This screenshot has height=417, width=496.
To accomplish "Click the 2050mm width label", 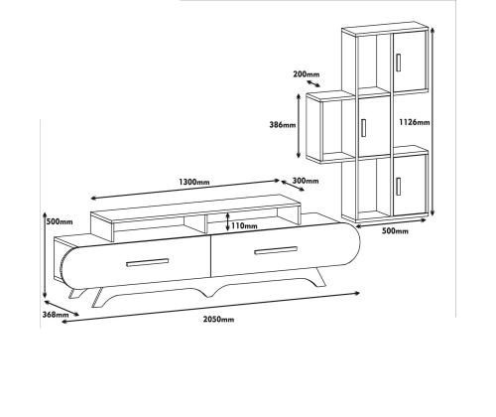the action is coord(218,320).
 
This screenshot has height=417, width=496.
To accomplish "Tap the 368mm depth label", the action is coord(56,315).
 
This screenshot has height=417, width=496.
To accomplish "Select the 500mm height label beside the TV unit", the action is coord(60,221).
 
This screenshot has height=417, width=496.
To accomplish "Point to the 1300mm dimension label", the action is coord(194,182).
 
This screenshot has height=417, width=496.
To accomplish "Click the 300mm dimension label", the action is coord(306,181).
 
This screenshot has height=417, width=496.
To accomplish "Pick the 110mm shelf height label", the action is coord(244,225).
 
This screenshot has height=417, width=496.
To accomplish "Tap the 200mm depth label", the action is coord(307,74).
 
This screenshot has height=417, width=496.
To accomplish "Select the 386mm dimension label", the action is coord(283,125).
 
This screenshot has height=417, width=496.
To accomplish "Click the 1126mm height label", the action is coord(415,122).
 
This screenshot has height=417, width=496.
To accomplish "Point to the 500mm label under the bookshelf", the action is coord(395,231).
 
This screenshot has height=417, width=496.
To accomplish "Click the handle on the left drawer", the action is coord(148,262).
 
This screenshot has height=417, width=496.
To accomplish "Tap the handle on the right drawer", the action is coord(276,251).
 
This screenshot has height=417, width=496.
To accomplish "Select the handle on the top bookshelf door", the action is coord(399,63).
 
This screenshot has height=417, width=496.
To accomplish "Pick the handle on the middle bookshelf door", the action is coord(363,128).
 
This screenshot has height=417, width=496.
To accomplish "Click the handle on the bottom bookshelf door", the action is coord(399,187).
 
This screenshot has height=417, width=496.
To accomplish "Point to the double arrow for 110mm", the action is coord(227,221).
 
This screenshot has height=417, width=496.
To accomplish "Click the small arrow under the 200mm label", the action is coord(313,83).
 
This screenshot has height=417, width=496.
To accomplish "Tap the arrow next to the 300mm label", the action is coord(293,186).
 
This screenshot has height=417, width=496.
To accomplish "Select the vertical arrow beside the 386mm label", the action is coord(299,126).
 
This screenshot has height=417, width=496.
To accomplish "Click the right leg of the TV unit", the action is coord(319,277).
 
